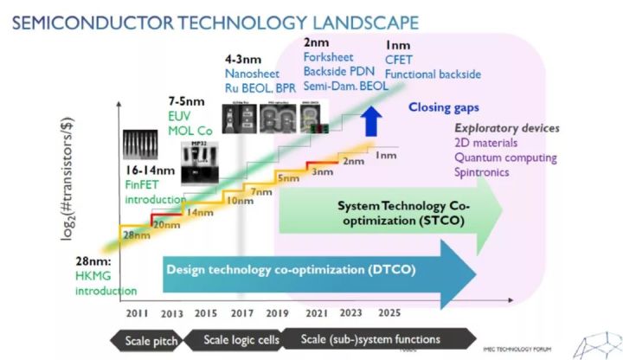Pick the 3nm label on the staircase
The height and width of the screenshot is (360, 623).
pos(323,171)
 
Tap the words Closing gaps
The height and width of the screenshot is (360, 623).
pos(445,107)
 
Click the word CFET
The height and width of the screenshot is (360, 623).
pos(400,60)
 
